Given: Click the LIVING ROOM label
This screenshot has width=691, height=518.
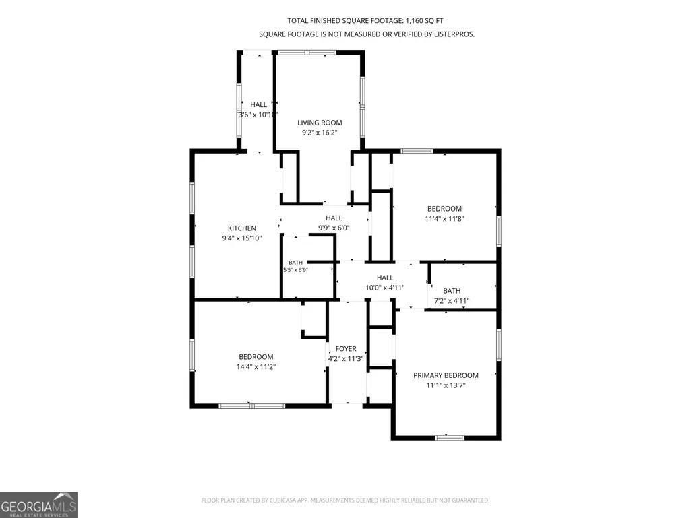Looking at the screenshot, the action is pyautogui.click(x=320, y=123).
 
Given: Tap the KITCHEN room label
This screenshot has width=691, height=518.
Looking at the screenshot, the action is pyautogui.click(x=241, y=228).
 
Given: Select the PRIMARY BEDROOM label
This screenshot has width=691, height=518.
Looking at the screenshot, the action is pyautogui.click(x=446, y=375).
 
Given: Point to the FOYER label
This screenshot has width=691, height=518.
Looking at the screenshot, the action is pyautogui.click(x=345, y=349).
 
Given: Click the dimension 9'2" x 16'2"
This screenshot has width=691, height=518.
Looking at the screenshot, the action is pyautogui.click(x=320, y=133).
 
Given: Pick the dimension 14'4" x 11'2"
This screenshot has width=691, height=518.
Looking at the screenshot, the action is pyautogui.click(x=256, y=367).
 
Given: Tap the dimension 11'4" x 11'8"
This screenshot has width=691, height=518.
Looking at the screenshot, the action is pyautogui.click(x=444, y=218).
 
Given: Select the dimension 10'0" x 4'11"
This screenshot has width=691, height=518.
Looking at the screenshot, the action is pyautogui.click(x=385, y=288).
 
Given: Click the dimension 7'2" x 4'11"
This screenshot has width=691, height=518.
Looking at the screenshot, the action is pyautogui.click(x=452, y=301).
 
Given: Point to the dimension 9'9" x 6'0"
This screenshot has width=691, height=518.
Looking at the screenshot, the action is pyautogui.click(x=334, y=228).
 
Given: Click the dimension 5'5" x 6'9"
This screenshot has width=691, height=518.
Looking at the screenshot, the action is pyautogui.click(x=295, y=270).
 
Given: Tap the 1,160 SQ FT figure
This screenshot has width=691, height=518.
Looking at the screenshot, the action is pyautogui.click(x=425, y=21).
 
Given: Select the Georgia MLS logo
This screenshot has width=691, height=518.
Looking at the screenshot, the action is pyautogui.click(x=39, y=505).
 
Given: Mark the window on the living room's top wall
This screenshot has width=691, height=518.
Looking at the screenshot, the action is pyautogui.click(x=307, y=53).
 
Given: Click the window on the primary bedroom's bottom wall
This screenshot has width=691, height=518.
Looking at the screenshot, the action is pyautogui.click(x=450, y=437).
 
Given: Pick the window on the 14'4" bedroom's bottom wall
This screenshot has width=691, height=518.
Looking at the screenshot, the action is pyautogui.click(x=252, y=406).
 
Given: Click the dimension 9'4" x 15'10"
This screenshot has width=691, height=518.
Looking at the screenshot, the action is pyautogui.click(x=241, y=238).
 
